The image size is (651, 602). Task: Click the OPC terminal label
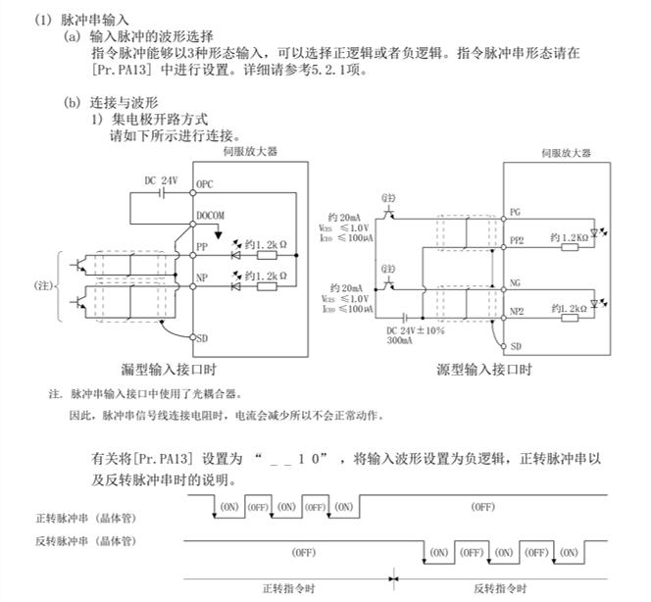click(x=205, y=184)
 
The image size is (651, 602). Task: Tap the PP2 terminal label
click(x=518, y=238)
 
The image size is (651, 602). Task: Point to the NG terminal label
click(x=516, y=280)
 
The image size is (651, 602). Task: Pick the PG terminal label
click(x=516, y=213)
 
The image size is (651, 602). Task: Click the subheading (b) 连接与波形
click(x=112, y=102)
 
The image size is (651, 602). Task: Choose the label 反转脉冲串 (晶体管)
click(x=85, y=541)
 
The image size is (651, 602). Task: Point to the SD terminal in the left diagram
click(x=202, y=337)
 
